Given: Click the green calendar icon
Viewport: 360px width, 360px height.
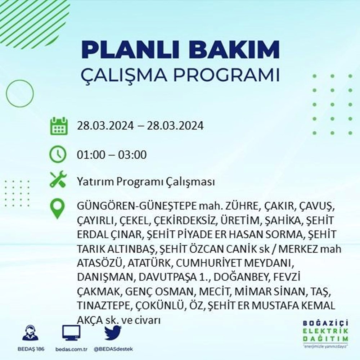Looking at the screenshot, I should click(x=58, y=126).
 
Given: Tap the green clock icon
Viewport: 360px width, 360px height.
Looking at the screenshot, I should click(x=58, y=155).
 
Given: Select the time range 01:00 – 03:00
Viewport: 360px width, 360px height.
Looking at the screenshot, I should click(x=112, y=155).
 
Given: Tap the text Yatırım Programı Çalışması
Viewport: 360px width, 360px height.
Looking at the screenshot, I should click(x=146, y=182).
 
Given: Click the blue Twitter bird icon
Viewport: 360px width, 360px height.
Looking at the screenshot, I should click(x=113, y=333).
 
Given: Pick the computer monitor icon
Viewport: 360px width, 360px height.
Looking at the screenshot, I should click(x=71, y=333).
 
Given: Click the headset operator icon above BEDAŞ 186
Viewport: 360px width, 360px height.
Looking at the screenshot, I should click(x=30, y=333).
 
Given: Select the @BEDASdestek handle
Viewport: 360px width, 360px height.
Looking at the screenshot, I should click(x=113, y=350).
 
